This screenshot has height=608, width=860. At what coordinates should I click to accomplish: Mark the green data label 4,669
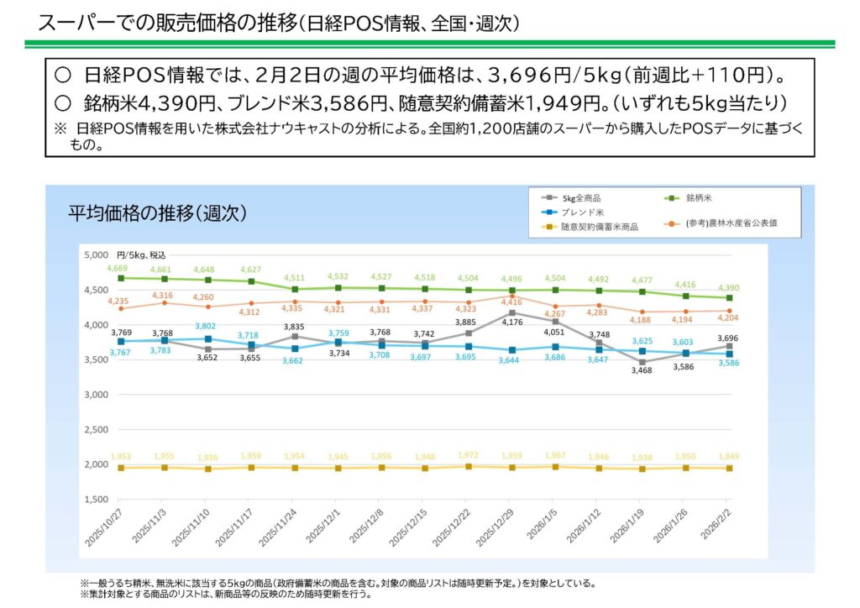pos(116,268)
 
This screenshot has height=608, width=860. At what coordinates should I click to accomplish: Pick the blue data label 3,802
pos(205,326)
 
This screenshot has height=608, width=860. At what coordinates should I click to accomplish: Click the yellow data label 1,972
pos(468,455)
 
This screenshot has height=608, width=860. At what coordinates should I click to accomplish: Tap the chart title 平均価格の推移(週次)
pos(157,213)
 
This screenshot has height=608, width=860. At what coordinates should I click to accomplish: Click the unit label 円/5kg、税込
pos(142,254)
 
